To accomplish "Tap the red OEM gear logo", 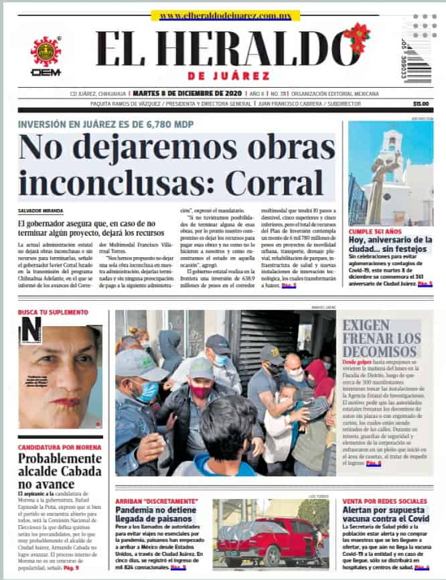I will pyautogui.click(x=46, y=52).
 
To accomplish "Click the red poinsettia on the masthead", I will pyautogui.click(x=357, y=37).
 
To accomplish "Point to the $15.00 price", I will pyautogui.click(x=421, y=104).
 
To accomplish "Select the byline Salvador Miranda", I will pyautogui.click(x=40, y=211).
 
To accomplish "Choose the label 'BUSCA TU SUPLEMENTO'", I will pyautogui.click(x=53, y=313).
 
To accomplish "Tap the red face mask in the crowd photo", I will pyautogui.click(x=200, y=390).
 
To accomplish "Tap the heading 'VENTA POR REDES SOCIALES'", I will pyautogui.click(x=384, y=501).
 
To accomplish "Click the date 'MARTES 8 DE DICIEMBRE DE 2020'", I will pyautogui.click(x=186, y=93).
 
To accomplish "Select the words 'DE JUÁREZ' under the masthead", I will pyautogui.click(x=229, y=76).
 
